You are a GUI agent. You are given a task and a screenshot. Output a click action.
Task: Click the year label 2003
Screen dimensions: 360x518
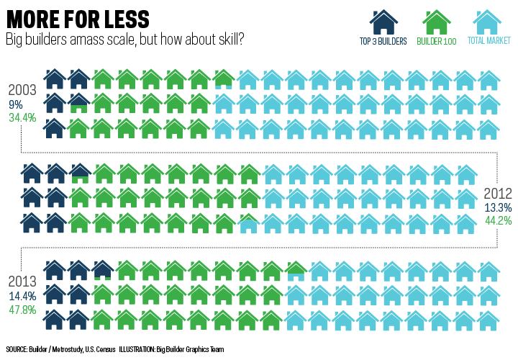(23, 91)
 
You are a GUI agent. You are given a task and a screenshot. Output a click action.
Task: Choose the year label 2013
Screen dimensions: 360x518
(23, 281)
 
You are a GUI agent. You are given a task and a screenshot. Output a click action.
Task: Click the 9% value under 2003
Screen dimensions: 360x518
(15, 104)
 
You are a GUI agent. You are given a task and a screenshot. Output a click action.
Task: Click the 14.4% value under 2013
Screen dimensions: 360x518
(22, 295)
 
